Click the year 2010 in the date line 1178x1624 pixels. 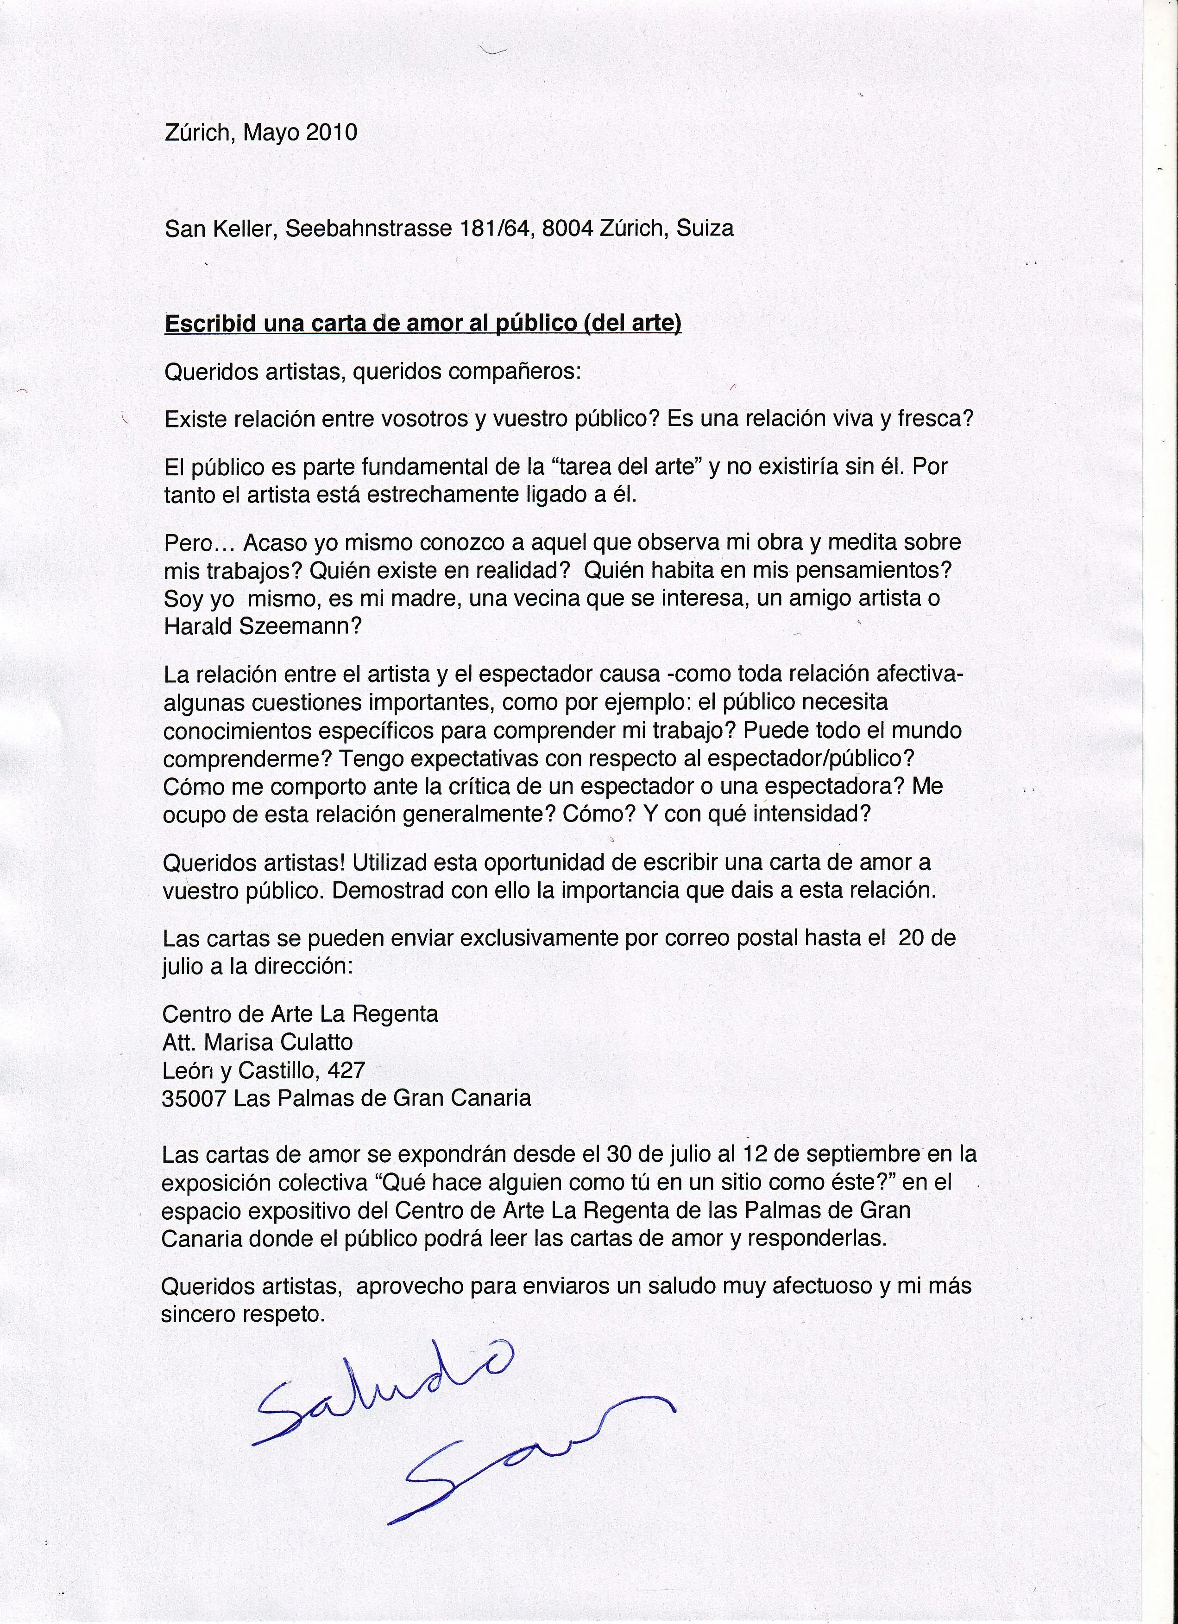[331, 133]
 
